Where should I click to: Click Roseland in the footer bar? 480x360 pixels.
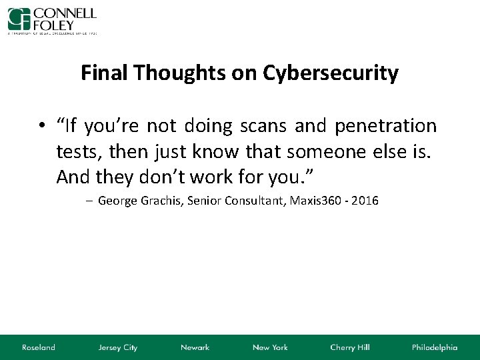pyautogui.click(x=38, y=347)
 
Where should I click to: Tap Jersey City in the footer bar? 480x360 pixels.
pyautogui.click(x=117, y=347)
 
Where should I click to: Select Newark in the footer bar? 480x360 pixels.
pyautogui.click(x=195, y=347)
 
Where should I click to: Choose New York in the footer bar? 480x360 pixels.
pyautogui.click(x=270, y=347)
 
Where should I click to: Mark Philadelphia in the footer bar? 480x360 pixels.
pyautogui.click(x=435, y=347)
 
